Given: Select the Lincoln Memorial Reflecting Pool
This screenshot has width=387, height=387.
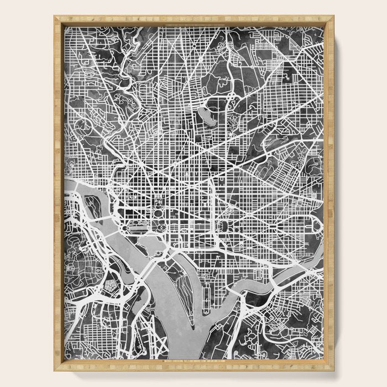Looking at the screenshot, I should pyautogui.click(x=137, y=228).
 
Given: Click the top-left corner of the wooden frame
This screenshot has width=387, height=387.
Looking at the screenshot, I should pyautogui.click(x=55, y=17).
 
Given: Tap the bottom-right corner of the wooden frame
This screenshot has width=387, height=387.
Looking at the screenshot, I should pyautogui.click(x=333, y=369).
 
